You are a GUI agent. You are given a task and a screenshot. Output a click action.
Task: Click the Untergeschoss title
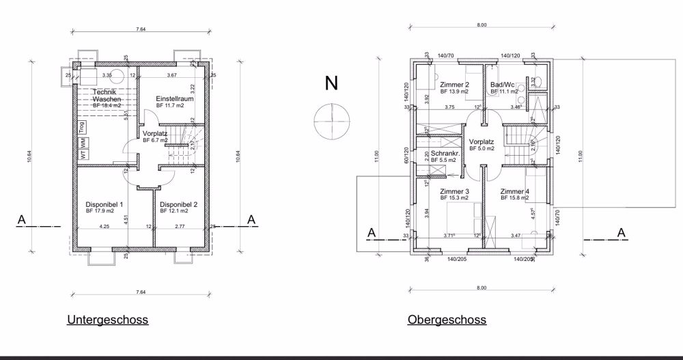pyautogui.click(x=107, y=319)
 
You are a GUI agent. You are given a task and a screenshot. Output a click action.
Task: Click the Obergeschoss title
pyautogui.click(x=447, y=319)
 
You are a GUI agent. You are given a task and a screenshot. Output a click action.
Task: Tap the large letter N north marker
pyautogui.click(x=331, y=83)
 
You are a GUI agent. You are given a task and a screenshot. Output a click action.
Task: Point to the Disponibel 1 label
pyautogui.click(x=104, y=204)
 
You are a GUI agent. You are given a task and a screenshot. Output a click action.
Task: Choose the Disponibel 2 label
pyautogui.click(x=178, y=204)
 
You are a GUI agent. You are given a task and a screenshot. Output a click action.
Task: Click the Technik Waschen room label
pyautogui.click(x=106, y=96)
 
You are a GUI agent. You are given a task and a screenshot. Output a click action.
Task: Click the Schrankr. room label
pyautogui.click(x=443, y=154)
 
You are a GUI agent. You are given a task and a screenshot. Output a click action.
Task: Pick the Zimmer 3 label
pyautogui.click(x=454, y=191)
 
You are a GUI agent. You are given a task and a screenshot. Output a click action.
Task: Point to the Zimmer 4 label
pyautogui.click(x=514, y=191)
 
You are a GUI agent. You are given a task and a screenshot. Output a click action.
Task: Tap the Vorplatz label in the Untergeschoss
pyautogui.click(x=156, y=133)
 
